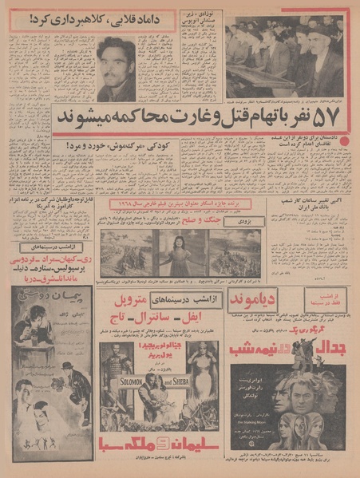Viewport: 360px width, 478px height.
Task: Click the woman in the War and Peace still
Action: pyautogui.click(x=180, y=254)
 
